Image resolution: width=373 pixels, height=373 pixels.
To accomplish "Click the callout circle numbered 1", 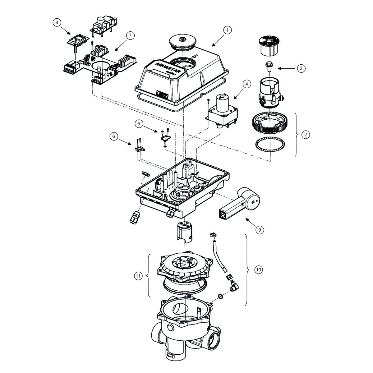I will click(x=228, y=30).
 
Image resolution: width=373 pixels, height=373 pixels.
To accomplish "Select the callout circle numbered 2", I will click(x=306, y=135).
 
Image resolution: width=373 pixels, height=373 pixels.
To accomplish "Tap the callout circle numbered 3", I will click(x=301, y=68).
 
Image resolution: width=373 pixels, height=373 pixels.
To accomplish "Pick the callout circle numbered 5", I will click(x=140, y=123).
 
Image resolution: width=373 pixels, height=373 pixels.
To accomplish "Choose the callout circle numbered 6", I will click(x=114, y=136).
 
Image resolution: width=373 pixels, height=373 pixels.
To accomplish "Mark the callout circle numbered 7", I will click(x=130, y=35).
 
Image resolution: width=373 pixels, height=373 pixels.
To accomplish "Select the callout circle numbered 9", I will click(x=259, y=230).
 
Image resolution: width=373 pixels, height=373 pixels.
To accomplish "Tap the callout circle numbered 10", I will click(x=259, y=269).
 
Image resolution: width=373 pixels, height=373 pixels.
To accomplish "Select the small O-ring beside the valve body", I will click(x=220, y=297).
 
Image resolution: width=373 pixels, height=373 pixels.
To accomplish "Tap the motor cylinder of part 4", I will click(x=223, y=102).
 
